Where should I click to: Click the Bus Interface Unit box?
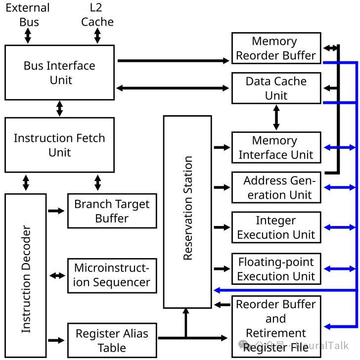[59, 72]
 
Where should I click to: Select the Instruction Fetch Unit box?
[59, 144]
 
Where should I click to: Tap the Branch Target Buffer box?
[112, 211]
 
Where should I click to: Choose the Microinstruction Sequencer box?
[112, 275]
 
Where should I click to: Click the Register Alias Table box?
[112, 340]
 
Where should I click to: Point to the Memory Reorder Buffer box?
[275, 48]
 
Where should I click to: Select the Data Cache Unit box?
[275, 88]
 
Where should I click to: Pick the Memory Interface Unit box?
[275, 147]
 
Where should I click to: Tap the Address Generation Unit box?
[275, 187]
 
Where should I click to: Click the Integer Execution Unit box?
[275, 227]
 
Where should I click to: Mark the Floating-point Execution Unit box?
[275, 269]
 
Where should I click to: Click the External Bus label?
[28, 15]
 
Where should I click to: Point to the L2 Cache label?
[97, 15]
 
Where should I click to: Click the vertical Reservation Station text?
[188, 208]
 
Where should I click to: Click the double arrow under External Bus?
[28, 36]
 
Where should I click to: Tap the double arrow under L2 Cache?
[97, 36]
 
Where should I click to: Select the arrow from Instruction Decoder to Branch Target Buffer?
[56, 211]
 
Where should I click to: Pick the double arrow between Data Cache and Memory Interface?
[276, 118]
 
